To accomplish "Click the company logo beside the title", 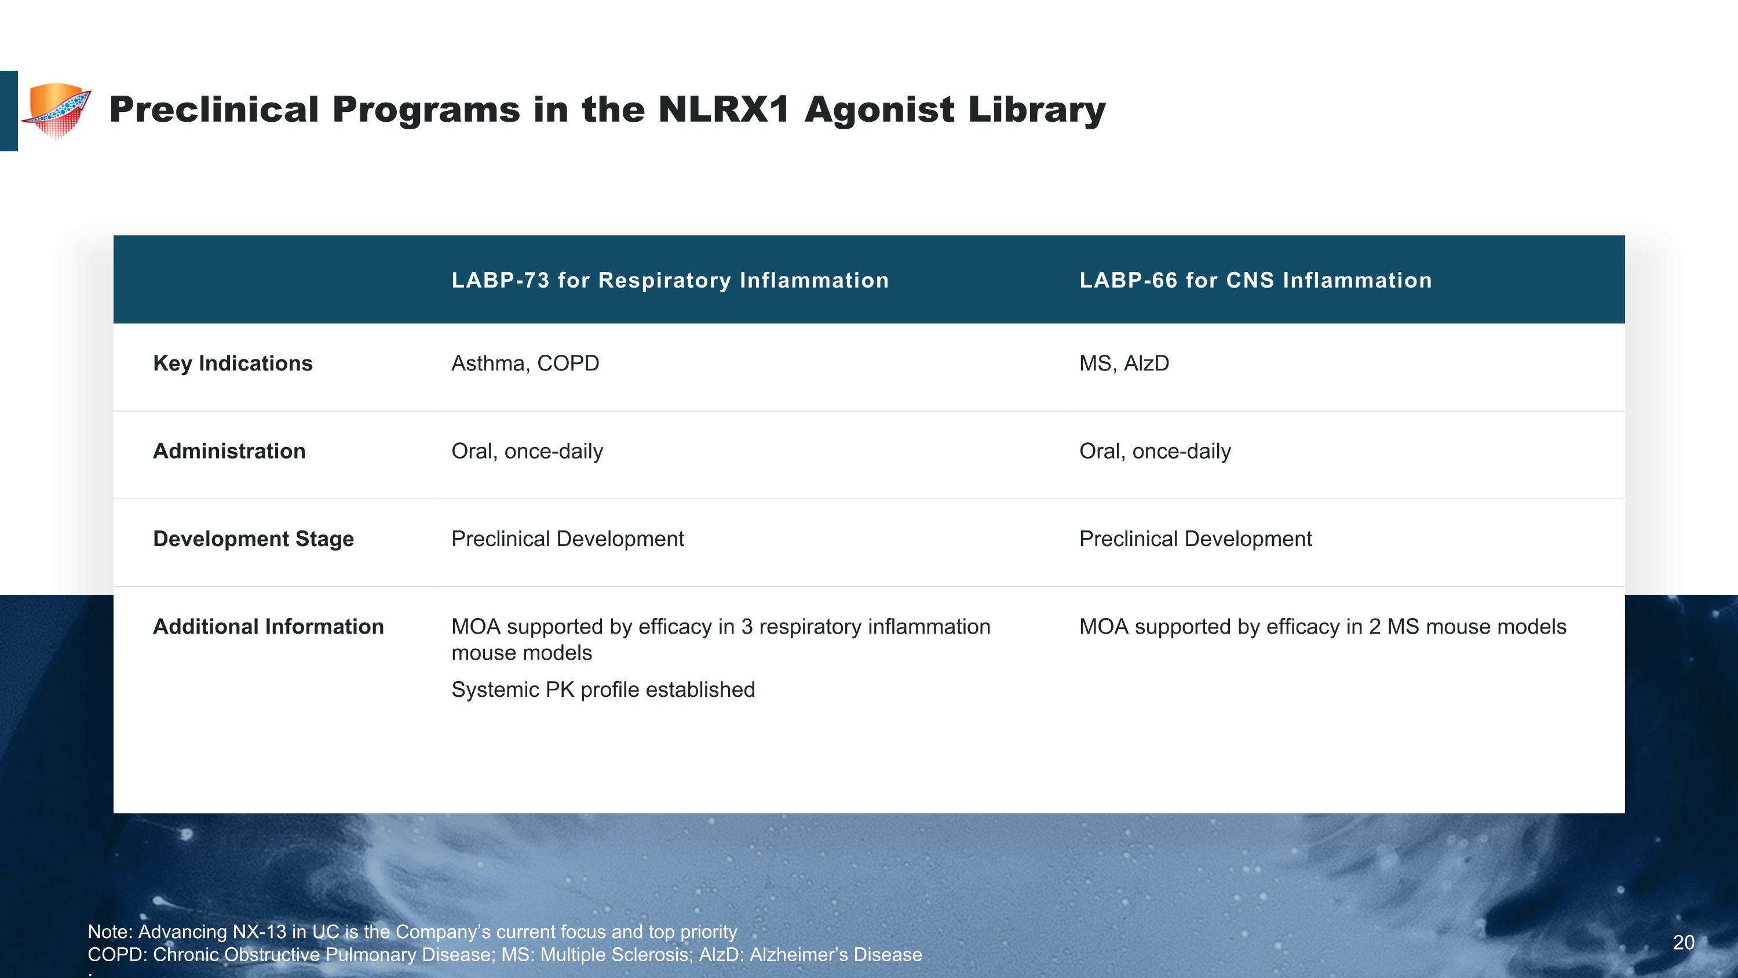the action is tap(57, 111).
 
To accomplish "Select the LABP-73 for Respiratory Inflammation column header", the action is tap(670, 280).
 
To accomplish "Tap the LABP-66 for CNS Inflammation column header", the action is tap(1255, 280).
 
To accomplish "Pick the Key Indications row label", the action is tap(233, 363).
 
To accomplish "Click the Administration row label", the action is tap(229, 451).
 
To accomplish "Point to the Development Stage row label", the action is tap(254, 539).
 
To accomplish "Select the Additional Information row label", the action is tap(269, 626).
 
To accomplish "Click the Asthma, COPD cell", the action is tap(525, 363).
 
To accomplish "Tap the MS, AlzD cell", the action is tap(1124, 363).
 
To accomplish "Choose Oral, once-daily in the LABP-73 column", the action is tap(527, 451).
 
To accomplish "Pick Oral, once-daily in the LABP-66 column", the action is tap(1155, 451).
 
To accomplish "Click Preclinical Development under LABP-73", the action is tap(567, 539).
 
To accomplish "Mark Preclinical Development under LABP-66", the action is tap(1196, 539).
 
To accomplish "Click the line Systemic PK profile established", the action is tap(603, 690).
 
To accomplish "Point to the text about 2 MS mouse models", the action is tap(1323, 626).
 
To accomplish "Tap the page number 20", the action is tap(1684, 942).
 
